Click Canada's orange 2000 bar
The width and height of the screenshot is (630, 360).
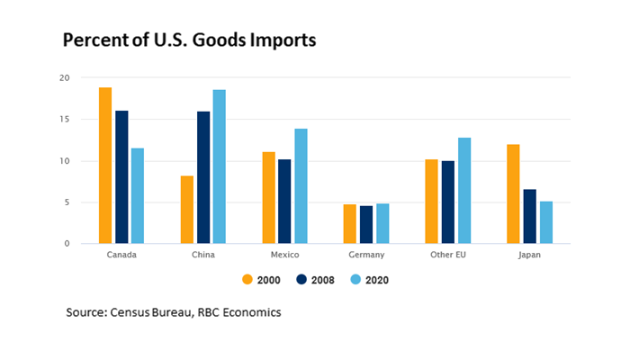105,166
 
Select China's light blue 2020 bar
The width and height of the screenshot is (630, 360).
220,166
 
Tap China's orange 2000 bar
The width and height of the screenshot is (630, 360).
187,210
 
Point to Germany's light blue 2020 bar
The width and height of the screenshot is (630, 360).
382,224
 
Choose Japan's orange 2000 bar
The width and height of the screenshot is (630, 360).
513,193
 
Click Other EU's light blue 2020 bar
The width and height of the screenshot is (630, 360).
464,191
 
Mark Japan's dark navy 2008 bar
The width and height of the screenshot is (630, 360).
529,216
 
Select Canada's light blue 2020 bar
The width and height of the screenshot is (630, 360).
138,196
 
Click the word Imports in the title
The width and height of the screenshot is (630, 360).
272,41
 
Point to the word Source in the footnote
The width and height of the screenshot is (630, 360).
87,312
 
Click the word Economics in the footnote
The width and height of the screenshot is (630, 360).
251,312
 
